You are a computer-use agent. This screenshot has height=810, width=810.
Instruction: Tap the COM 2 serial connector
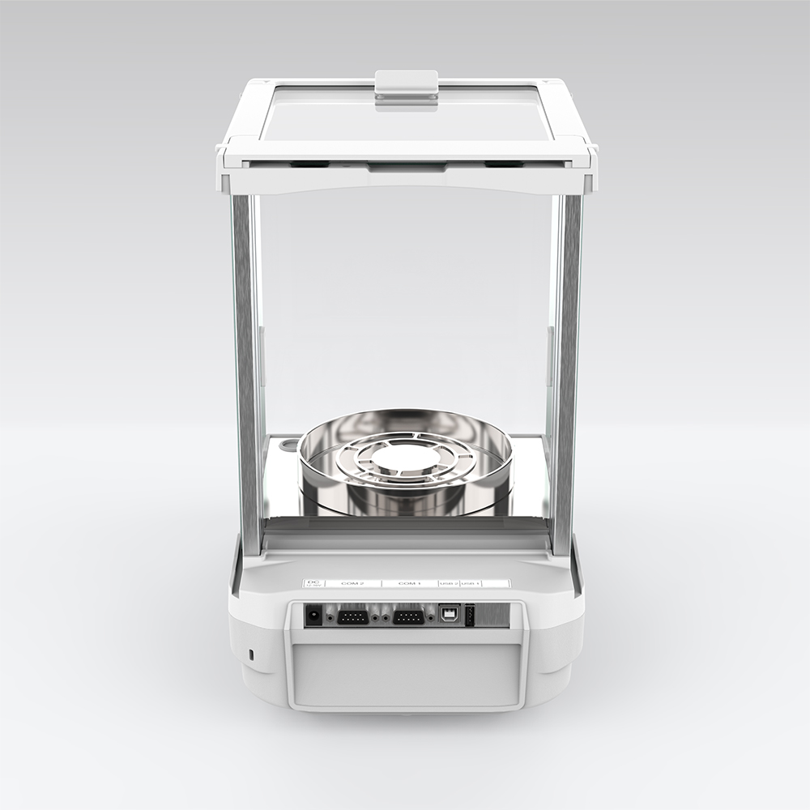pyautogui.click(x=352, y=617)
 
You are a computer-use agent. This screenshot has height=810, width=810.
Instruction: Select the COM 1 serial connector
pyautogui.click(x=407, y=617)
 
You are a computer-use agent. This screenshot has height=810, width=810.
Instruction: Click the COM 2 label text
pyautogui.click(x=352, y=583)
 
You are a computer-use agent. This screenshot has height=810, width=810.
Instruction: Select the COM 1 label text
pyautogui.click(x=409, y=583)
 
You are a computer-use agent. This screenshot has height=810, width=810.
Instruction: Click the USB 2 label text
pyautogui.click(x=448, y=583)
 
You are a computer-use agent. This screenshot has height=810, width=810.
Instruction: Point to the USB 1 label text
pyautogui.click(x=471, y=583)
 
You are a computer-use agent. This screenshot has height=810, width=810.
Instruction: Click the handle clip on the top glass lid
pyautogui.click(x=407, y=87)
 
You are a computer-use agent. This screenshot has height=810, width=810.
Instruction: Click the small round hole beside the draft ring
pyautogui.click(x=288, y=446)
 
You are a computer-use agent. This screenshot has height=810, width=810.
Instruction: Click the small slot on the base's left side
pyautogui.click(x=250, y=653)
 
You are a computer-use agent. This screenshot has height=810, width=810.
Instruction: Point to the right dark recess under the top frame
pyautogui.click(x=502, y=164)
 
